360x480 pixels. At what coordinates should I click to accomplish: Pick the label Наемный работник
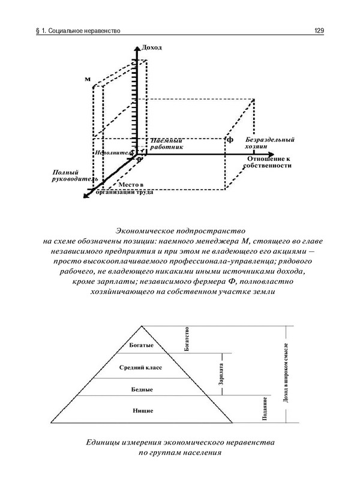167,142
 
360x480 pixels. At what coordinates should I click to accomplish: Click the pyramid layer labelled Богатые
142,346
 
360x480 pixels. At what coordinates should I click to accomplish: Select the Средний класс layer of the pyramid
142,367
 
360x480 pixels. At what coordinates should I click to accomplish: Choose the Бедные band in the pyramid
142,389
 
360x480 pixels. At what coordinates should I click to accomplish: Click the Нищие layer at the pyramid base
142,410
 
